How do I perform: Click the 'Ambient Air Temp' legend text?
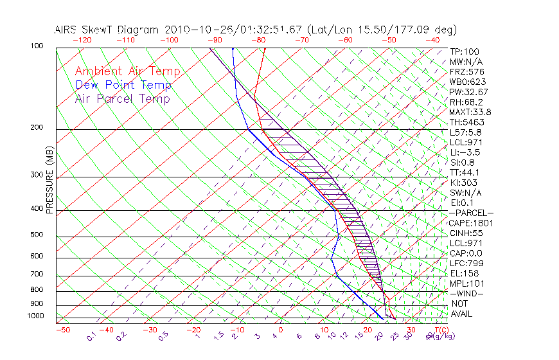[x=127, y=71]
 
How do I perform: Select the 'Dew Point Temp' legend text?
[x=123, y=85]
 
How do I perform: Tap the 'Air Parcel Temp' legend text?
[x=122, y=98]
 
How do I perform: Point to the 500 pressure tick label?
[x=37, y=235]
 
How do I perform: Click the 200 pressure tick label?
[x=37, y=128]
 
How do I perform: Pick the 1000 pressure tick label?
[x=35, y=316]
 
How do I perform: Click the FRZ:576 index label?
[x=465, y=72]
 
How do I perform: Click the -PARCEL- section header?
[x=471, y=213]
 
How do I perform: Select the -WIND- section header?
[x=467, y=294]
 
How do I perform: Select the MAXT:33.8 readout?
[x=469, y=112]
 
